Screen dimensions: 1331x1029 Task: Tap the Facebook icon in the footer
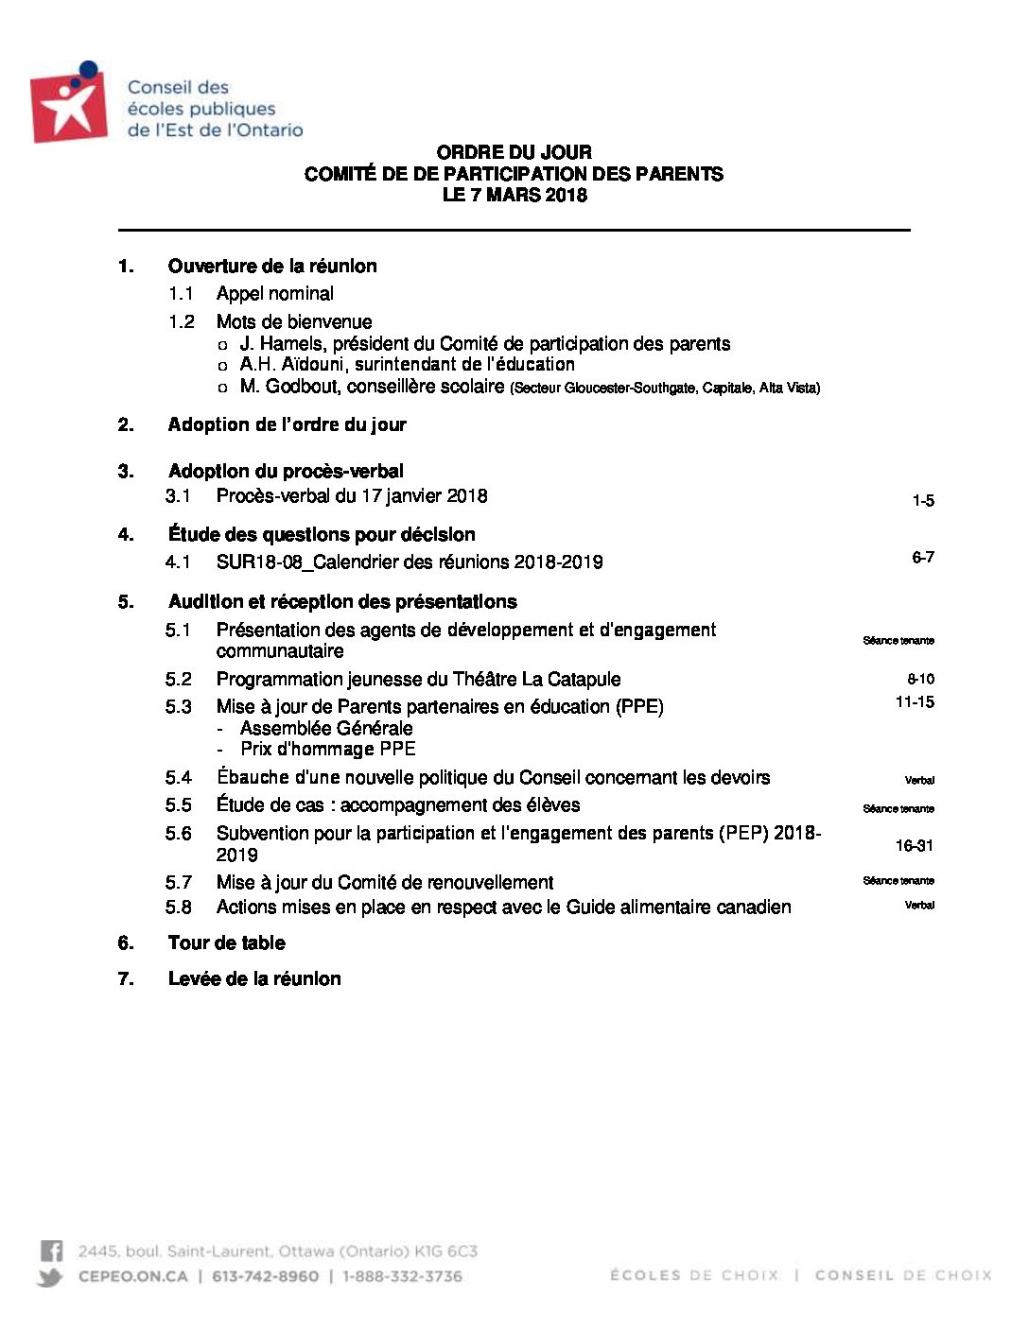pyautogui.click(x=52, y=1252)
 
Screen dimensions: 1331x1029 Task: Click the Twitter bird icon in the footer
pyautogui.click(x=51, y=1277)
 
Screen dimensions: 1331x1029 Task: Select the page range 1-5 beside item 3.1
pyautogui.click(x=922, y=501)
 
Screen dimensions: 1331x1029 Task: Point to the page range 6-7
pyautogui.click(x=922, y=558)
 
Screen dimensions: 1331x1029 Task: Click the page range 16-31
pyautogui.click(x=914, y=846)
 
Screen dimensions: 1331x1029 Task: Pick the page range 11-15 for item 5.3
pyautogui.click(x=915, y=702)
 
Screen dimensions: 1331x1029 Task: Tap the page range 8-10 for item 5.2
pyautogui.click(x=920, y=679)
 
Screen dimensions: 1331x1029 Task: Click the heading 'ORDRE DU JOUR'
pyautogui.click(x=514, y=152)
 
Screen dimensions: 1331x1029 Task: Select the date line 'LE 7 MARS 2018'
pyautogui.click(x=514, y=196)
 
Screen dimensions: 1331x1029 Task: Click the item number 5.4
pyautogui.click(x=178, y=778)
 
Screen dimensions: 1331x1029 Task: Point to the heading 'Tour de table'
pyautogui.click(x=226, y=943)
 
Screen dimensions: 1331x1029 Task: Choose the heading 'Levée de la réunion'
pyautogui.click(x=253, y=979)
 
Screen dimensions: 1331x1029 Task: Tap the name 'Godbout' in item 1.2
pyautogui.click(x=305, y=387)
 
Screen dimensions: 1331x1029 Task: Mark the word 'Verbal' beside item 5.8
pyautogui.click(x=918, y=906)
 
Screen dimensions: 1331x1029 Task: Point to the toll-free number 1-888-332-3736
pyautogui.click(x=402, y=1277)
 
